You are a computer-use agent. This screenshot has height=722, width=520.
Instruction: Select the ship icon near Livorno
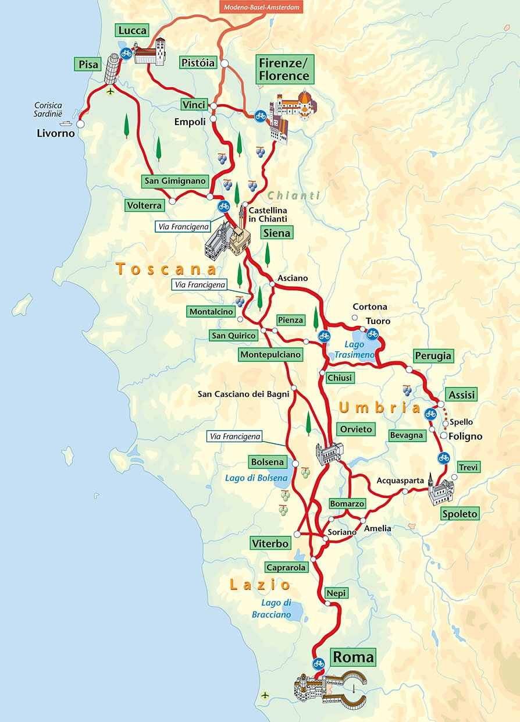tap(66, 123)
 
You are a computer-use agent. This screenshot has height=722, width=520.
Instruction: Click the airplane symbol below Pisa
tap(111, 91)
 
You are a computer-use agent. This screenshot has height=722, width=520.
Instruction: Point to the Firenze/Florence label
tap(284, 70)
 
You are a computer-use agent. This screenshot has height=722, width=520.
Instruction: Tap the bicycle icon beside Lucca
tap(126, 52)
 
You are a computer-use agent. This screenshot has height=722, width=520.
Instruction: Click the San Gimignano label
tap(175, 181)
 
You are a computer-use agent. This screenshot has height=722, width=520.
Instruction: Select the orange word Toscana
tap(166, 269)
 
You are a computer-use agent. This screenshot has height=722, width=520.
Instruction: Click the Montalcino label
tap(211, 312)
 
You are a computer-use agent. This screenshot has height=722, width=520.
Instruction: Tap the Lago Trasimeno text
tap(354, 350)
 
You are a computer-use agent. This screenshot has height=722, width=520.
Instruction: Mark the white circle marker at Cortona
tap(354, 318)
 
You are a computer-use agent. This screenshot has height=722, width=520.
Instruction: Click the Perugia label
tap(433, 355)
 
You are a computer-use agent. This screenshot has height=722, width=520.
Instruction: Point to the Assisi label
tap(461, 395)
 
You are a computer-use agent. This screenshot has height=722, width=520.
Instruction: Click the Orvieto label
tap(354, 429)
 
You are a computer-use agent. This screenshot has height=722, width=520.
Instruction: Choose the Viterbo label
tap(270, 543)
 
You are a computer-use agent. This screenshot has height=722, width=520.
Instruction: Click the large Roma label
tap(353, 657)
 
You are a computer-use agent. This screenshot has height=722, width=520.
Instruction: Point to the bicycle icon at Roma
tap(318, 663)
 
